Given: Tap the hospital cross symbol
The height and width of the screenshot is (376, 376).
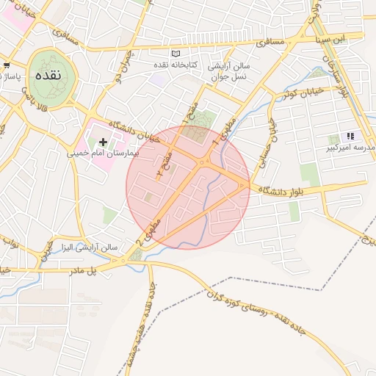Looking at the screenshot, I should (x=103, y=141).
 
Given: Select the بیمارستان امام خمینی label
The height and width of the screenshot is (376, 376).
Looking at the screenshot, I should (x=102, y=154).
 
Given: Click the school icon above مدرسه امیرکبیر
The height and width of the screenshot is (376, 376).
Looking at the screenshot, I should (x=350, y=136).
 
